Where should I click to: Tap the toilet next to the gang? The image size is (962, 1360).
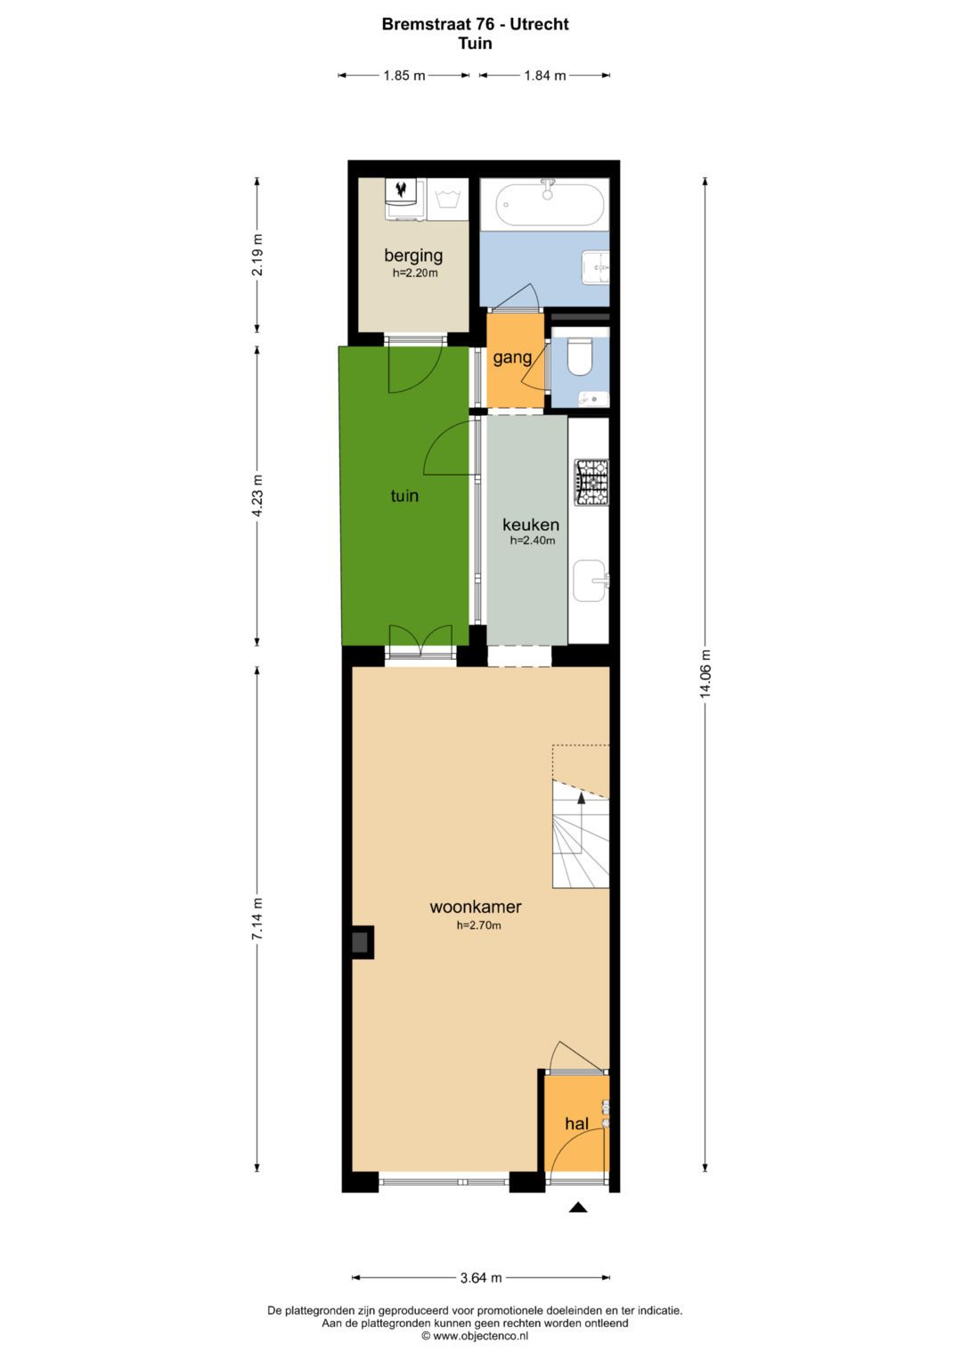point(580,358)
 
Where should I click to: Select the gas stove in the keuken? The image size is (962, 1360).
point(591,482)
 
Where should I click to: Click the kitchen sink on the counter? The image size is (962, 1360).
point(590,581)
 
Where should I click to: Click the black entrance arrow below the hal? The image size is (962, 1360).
point(578,1208)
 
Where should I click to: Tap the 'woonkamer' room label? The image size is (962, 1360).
point(476,908)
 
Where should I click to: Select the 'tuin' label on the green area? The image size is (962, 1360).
point(404,496)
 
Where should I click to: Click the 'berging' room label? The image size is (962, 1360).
point(413,256)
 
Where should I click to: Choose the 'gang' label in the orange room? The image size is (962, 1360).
point(512,358)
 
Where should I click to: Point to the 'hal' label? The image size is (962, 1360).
point(576,1124)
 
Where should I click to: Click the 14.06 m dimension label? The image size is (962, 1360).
point(705,674)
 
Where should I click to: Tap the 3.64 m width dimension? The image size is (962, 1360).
point(481,1278)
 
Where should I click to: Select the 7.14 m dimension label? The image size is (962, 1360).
point(257,918)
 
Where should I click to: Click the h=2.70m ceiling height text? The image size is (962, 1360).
point(478,926)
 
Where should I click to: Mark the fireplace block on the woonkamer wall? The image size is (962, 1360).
point(361,942)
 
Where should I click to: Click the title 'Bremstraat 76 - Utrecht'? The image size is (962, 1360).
point(475,24)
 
